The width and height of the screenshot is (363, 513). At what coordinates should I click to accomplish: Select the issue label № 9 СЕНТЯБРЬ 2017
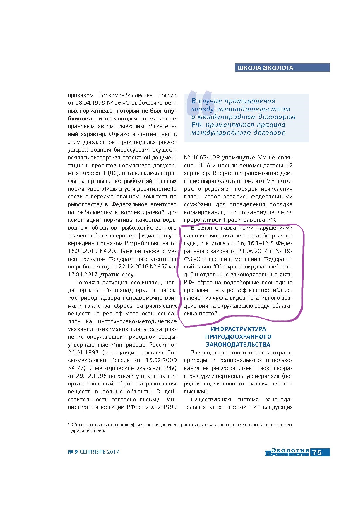click(x=93, y=452)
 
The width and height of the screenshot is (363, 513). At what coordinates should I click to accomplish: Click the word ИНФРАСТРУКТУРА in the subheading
click(x=238, y=329)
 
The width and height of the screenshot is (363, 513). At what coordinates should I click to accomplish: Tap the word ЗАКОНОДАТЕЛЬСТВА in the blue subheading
click(x=238, y=344)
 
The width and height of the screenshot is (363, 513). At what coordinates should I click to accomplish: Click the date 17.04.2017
click(x=82, y=275)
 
